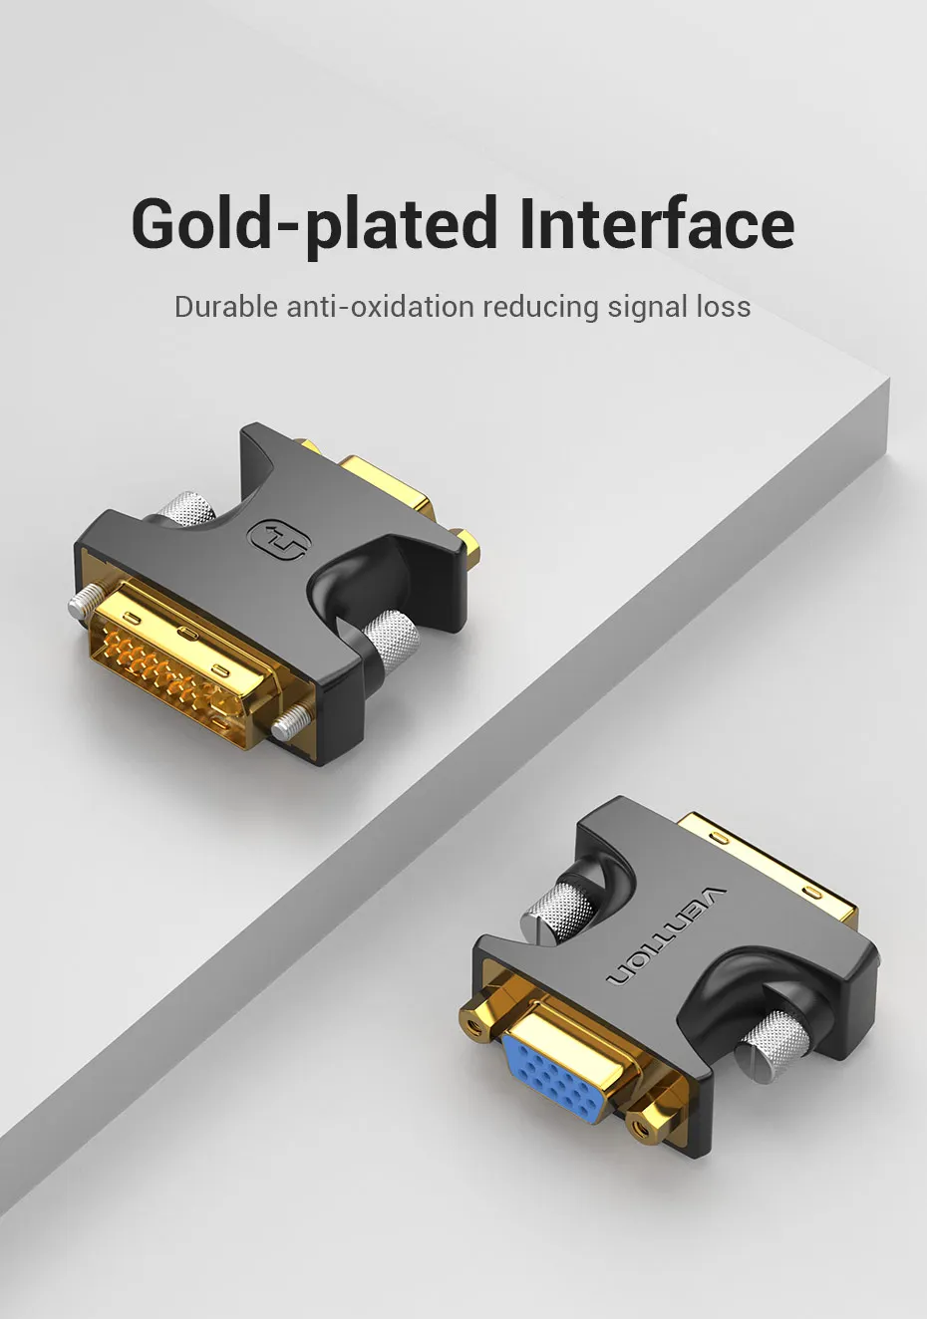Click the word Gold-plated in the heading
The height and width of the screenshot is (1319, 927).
pos(315,225)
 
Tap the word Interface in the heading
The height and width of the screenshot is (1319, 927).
pos(658,222)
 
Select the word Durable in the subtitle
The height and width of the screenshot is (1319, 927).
pos(225,306)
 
